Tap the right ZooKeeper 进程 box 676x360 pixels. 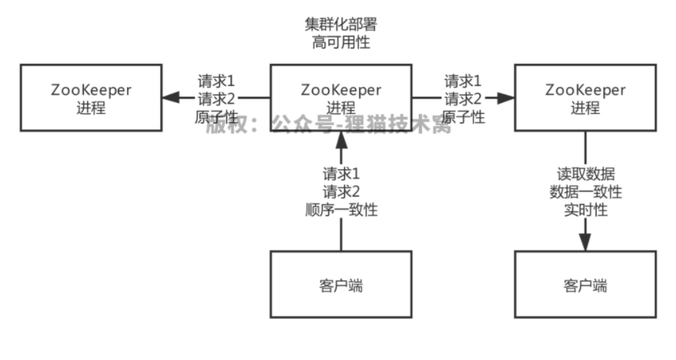[585, 98]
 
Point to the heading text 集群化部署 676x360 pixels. [340, 23]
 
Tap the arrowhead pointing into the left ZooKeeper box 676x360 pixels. [169, 98]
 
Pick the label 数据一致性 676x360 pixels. [585, 192]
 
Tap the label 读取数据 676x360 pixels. [585, 174]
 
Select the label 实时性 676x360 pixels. [585, 210]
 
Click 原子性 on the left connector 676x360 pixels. [217, 116]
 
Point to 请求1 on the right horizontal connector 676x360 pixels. [463, 81]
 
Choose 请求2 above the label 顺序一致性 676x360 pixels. [340, 192]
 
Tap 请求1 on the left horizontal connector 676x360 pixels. [217, 81]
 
